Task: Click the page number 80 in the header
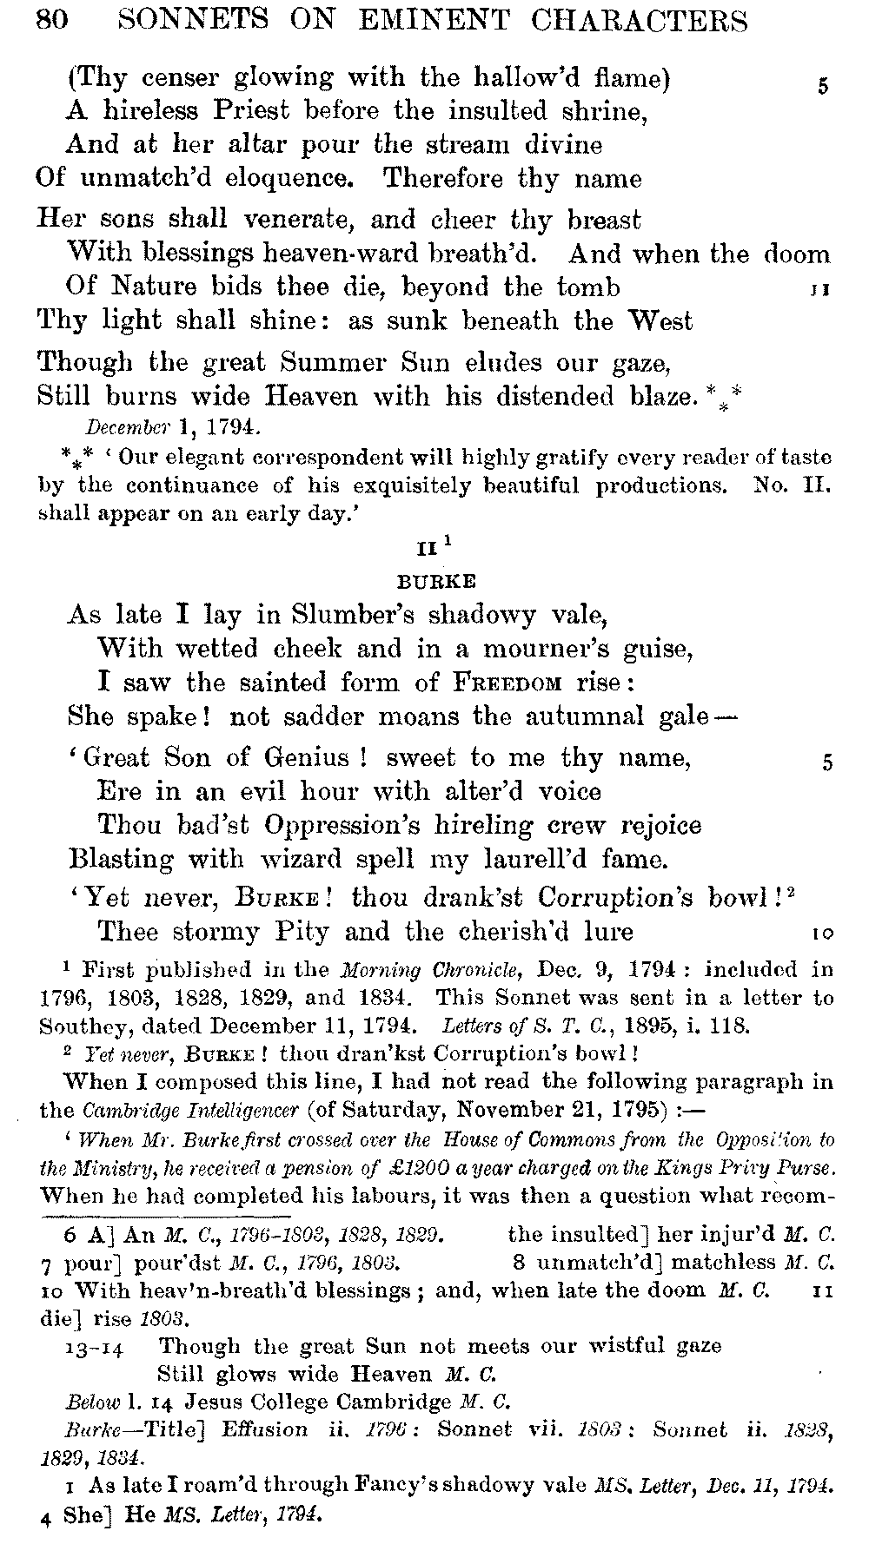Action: [x=52, y=19]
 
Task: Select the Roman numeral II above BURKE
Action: [x=429, y=550]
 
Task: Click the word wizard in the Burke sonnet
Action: [x=281, y=860]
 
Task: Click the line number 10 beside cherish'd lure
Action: [x=823, y=934]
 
